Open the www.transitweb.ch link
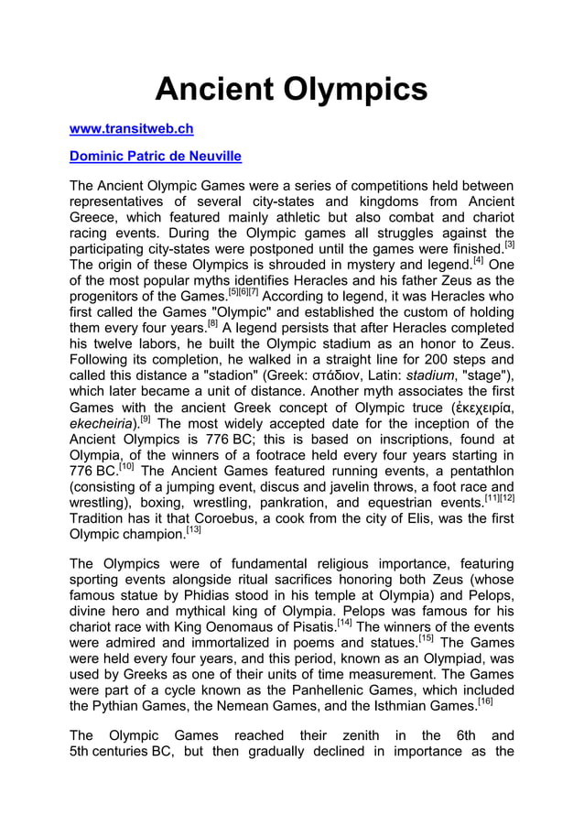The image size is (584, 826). pos(132,129)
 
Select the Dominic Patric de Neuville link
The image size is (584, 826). pos(156,157)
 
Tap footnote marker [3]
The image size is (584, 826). pos(509,245)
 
